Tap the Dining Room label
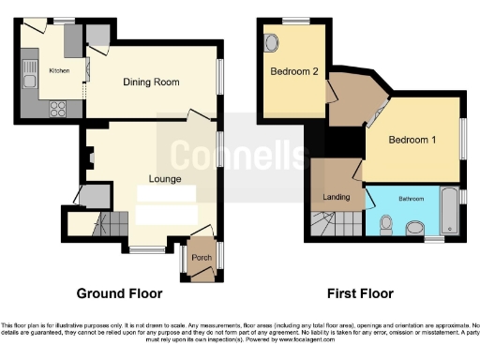[151, 82]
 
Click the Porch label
[202, 258]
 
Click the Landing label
[336, 197]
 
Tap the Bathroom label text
[410, 199]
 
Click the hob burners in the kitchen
[53, 106]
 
